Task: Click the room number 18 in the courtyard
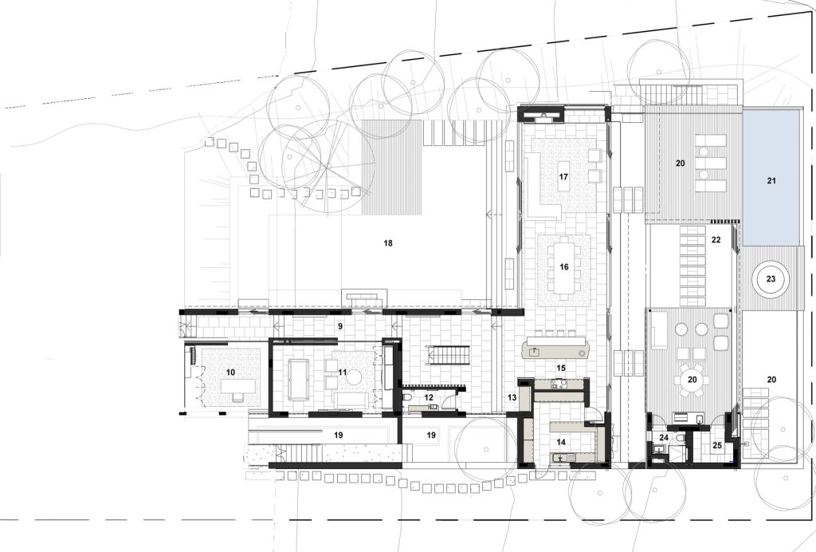(387, 243)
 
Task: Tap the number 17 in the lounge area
(563, 177)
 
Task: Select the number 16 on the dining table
(564, 267)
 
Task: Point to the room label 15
(560, 369)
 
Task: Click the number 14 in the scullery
(560, 442)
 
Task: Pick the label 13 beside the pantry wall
(512, 398)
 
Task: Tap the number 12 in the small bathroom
(428, 397)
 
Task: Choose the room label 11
(342, 373)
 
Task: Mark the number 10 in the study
(230, 373)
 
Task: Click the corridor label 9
(339, 326)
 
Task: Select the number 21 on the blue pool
(771, 181)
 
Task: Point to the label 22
(716, 240)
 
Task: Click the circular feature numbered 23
(771, 279)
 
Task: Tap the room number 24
(664, 438)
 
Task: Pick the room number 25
(717, 446)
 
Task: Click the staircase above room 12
(449, 357)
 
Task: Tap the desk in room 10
(239, 386)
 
